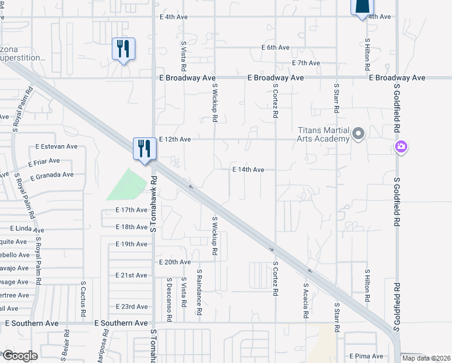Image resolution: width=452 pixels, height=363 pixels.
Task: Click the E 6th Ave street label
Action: point(276,47)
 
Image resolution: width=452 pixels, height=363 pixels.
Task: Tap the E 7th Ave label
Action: point(305,63)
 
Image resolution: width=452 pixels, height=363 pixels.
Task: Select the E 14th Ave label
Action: point(248,170)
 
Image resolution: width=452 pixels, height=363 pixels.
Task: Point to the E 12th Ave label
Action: point(175,139)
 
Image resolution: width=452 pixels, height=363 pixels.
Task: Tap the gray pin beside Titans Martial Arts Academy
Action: point(358,133)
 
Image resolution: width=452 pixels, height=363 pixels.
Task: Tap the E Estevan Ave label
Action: point(56,146)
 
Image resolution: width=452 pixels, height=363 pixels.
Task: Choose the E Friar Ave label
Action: point(44,162)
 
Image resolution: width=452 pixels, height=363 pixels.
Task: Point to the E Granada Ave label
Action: point(51,175)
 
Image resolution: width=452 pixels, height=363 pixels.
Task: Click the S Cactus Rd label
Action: point(83,299)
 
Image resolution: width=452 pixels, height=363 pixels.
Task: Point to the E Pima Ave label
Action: point(366,356)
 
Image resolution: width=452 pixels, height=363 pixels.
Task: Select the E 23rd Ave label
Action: point(131,307)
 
